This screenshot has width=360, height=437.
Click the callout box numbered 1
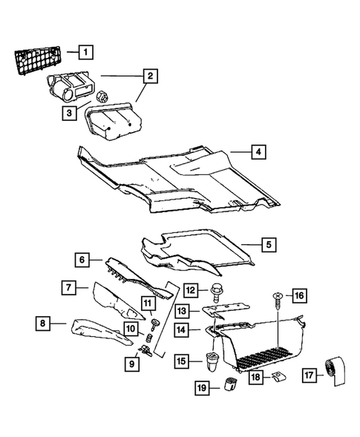(x=87, y=51)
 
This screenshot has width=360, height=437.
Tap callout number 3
(x=70, y=112)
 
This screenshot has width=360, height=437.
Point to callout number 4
(x=257, y=152)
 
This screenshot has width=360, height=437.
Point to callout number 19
(x=200, y=386)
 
